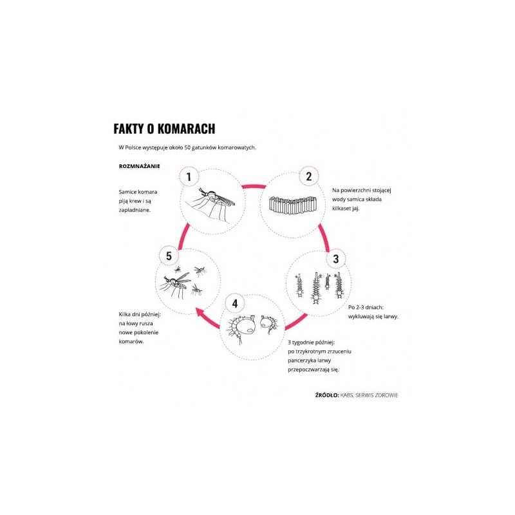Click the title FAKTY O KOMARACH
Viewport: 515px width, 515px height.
pyautogui.click(x=164, y=128)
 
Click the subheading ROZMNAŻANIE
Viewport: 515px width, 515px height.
pyautogui.click(x=139, y=165)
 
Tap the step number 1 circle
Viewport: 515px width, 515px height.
pyautogui.click(x=189, y=176)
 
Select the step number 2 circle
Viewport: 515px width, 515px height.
pyautogui.click(x=308, y=176)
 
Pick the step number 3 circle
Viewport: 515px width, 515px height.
pyautogui.click(x=335, y=259)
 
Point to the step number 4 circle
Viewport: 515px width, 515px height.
pyautogui.click(x=235, y=303)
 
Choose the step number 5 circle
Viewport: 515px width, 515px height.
pyautogui.click(x=168, y=256)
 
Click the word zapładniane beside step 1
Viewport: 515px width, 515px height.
pyautogui.click(x=135, y=210)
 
